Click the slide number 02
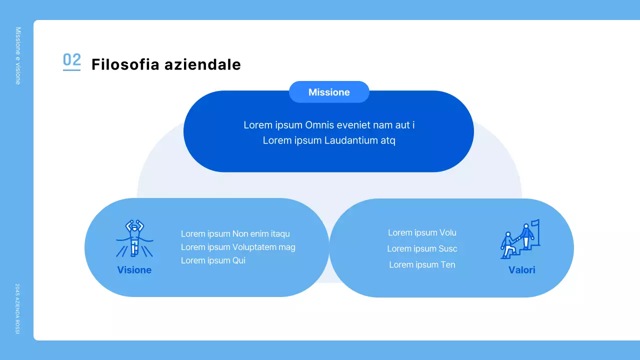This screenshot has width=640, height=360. (71, 60)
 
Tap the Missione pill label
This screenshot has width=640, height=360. (329, 92)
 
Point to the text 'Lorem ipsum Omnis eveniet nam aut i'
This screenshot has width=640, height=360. (329, 125)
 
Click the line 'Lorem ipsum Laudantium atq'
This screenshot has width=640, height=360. (329, 140)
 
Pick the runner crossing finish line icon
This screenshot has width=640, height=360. (134, 238)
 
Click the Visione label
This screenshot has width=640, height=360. (134, 270)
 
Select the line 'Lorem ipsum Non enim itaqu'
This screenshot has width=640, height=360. (235, 234)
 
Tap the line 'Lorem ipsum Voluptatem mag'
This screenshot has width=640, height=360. (238, 247)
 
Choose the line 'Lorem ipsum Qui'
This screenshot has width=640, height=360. (213, 260)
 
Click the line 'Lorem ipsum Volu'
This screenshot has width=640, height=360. (422, 232)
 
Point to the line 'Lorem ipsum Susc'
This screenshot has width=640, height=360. (422, 248)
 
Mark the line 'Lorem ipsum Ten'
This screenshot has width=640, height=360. (422, 265)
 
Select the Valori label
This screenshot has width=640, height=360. (522, 270)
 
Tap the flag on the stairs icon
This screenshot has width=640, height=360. (535, 223)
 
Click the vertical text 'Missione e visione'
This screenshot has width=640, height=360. (18, 55)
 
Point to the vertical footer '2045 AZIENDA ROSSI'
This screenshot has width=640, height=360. (17, 309)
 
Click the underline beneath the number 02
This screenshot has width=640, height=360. (71, 70)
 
